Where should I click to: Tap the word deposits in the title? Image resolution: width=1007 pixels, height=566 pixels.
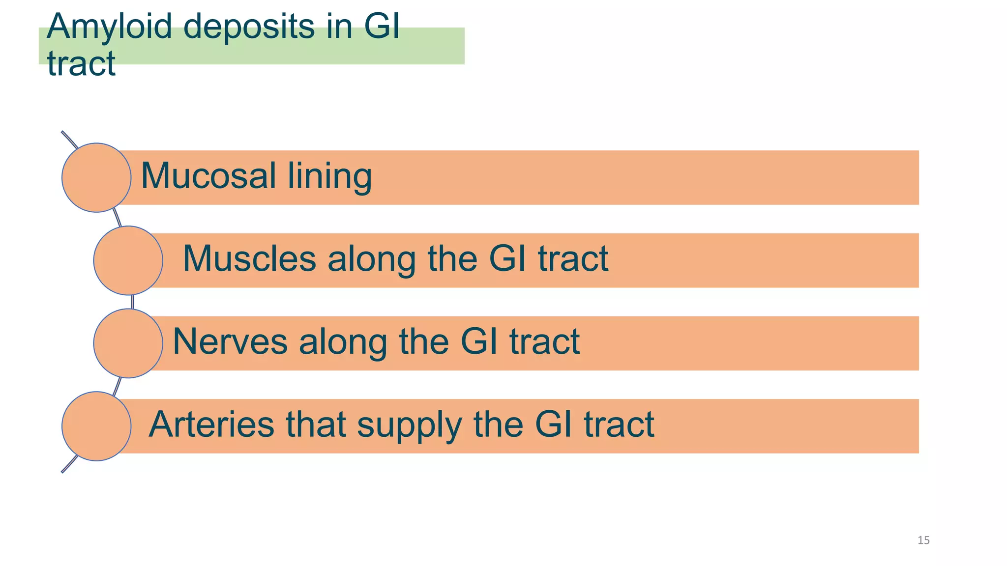(248, 27)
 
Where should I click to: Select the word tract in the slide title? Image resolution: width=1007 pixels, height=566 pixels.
(81, 64)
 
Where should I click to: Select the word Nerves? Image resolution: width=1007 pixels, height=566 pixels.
(230, 341)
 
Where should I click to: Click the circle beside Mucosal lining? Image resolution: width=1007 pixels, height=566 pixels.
(96, 178)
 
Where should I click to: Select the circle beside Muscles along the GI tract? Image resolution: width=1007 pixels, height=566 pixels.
(128, 260)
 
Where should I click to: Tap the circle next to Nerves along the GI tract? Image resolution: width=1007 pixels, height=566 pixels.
(128, 343)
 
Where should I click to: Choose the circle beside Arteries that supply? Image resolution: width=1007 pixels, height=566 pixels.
(96, 426)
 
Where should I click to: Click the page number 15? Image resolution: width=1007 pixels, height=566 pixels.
(923, 540)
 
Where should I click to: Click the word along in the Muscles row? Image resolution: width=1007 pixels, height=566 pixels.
(372, 259)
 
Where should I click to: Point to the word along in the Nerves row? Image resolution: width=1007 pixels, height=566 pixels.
(343, 342)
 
